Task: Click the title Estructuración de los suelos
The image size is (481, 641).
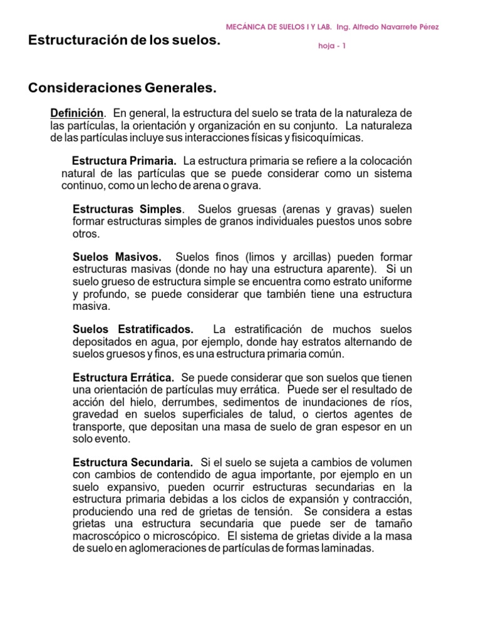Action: (125, 41)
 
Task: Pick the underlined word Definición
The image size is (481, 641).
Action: (76, 113)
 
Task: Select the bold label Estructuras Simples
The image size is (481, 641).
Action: (128, 208)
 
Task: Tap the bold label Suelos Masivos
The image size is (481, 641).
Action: (117, 257)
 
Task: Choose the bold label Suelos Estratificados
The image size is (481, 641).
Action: (133, 329)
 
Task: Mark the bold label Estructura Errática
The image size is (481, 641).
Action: (124, 377)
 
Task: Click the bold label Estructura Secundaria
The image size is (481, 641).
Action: (133, 462)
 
